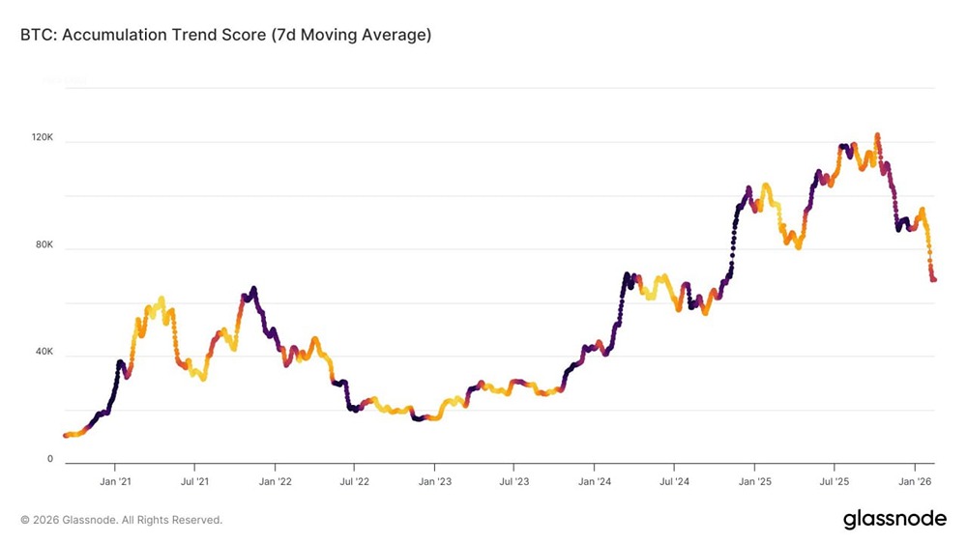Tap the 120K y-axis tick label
click(43, 138)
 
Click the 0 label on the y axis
click(50, 459)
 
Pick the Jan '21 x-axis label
click(115, 480)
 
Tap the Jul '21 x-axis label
click(195, 480)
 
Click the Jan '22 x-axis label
click(276, 480)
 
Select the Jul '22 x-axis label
click(354, 480)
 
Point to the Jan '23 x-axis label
click(435, 480)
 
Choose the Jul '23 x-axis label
click(514, 480)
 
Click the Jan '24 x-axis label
click(595, 480)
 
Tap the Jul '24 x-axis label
click(674, 480)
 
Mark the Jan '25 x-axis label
click(755, 480)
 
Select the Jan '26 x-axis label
click(914, 480)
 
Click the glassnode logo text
click(894, 519)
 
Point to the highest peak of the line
click(877, 135)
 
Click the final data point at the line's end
click(934, 279)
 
